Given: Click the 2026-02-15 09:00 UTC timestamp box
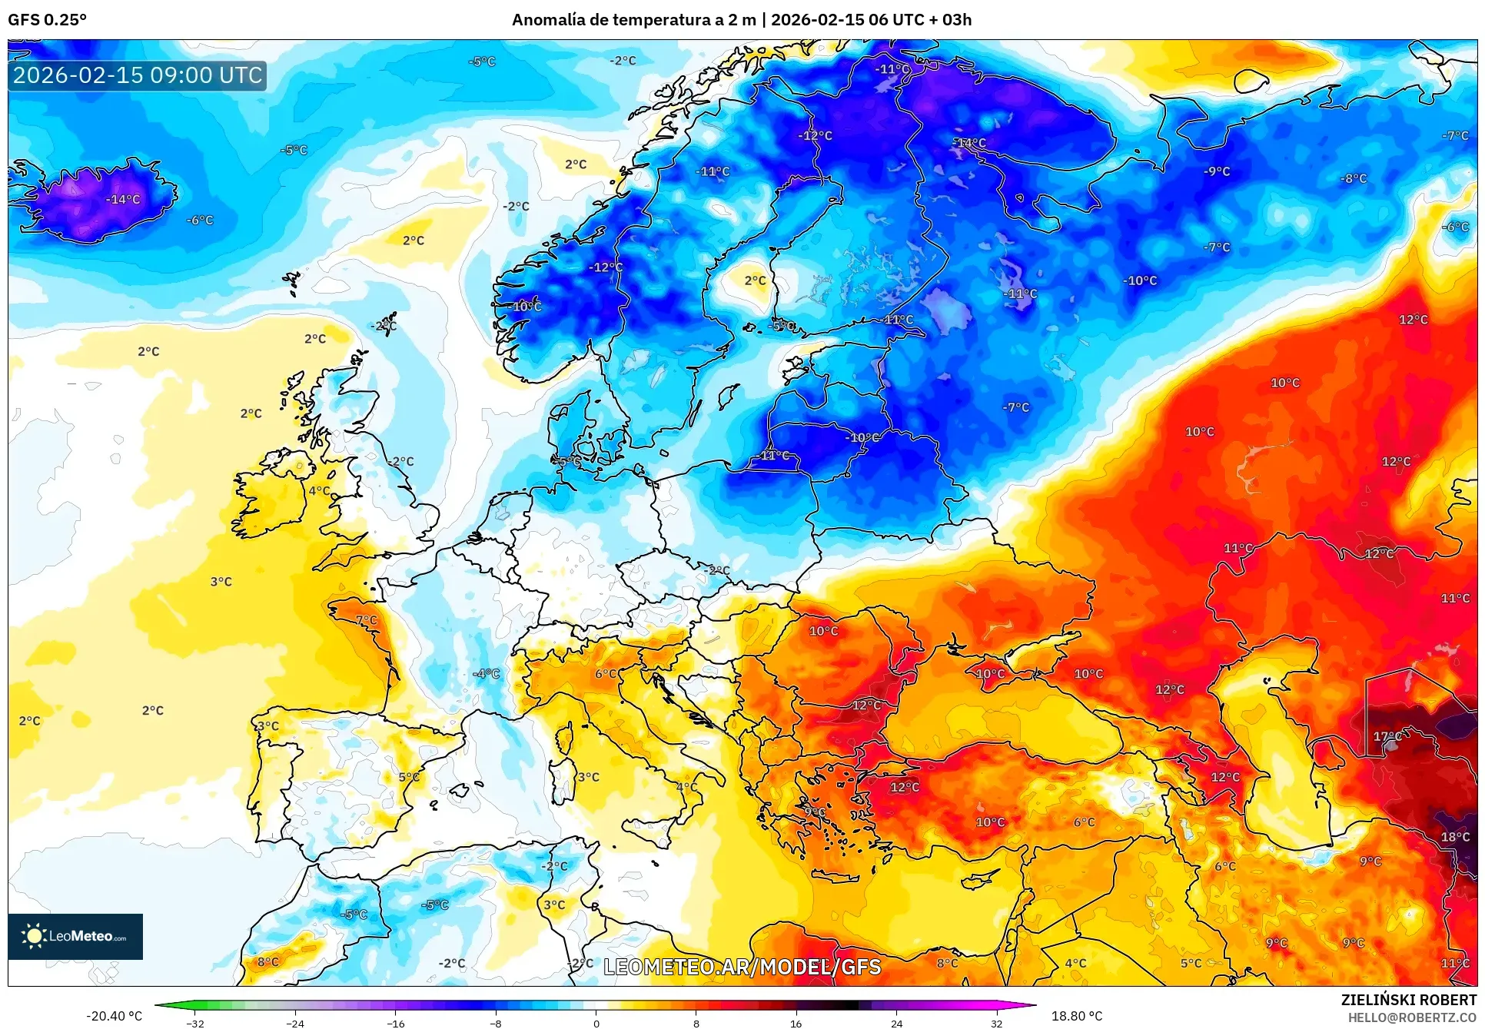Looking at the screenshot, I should point(138,75).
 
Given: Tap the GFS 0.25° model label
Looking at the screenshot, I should point(47,20).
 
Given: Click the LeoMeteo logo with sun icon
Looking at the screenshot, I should point(75,936).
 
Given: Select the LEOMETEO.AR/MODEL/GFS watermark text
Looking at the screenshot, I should point(742,967).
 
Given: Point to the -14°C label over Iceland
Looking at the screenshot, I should point(123,200).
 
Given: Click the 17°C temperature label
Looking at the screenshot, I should point(1387,736).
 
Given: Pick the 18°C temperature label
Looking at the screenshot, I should point(1455,837).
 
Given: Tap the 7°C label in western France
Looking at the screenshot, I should point(367,620).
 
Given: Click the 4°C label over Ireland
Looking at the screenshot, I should point(320,491).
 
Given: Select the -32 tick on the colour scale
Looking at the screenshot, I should point(195,1023).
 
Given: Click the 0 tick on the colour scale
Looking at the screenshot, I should point(596,1023).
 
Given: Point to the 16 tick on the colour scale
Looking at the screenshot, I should point(796,1023).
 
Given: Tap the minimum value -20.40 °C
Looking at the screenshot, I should point(114,1016).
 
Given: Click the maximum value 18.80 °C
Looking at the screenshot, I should point(1076,1016).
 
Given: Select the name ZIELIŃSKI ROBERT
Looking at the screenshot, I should point(1408,1000).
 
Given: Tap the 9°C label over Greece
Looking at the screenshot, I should point(815,812).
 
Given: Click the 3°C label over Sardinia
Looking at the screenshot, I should point(589,777).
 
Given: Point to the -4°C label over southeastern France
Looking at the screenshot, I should point(487,674).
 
